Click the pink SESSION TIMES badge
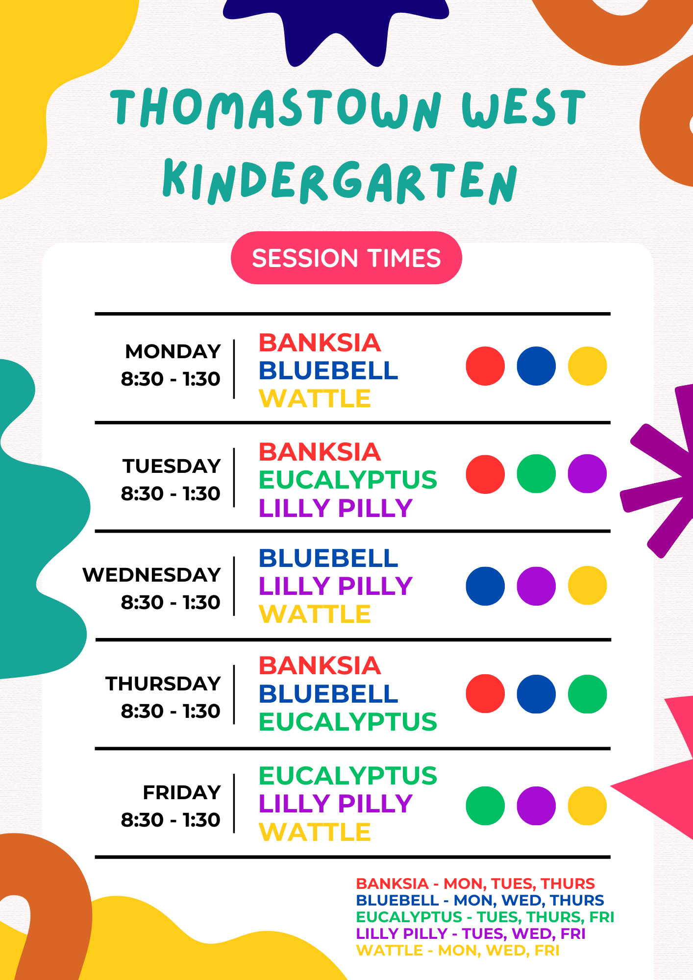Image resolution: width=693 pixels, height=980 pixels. [346, 258]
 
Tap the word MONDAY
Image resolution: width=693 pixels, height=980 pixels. [173, 351]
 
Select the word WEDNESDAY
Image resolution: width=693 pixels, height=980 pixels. [151, 575]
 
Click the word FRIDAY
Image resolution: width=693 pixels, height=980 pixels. [181, 792]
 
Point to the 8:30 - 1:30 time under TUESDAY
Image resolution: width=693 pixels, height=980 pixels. [171, 493]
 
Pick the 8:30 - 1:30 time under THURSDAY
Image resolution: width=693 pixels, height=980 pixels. [171, 711]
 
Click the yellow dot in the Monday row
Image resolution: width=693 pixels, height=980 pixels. [587, 366]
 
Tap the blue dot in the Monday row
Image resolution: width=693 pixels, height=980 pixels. [536, 366]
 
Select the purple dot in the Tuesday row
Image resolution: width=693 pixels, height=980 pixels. [587, 474]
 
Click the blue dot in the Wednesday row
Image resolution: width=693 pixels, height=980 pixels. [485, 586]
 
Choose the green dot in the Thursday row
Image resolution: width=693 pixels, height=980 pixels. [587, 694]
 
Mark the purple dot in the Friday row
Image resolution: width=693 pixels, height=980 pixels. [536, 806]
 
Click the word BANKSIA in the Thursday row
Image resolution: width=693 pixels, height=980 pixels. [320, 665]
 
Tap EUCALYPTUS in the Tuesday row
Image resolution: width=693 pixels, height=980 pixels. [347, 480]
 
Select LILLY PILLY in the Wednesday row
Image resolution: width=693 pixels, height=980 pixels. [336, 586]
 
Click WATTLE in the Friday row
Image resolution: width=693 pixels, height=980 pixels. [315, 832]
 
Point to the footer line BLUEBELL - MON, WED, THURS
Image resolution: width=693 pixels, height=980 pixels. [480, 900]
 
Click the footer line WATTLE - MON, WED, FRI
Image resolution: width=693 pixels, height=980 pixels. [457, 950]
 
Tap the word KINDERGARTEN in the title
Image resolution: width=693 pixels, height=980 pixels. [340, 182]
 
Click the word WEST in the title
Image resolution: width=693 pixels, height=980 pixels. [523, 109]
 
